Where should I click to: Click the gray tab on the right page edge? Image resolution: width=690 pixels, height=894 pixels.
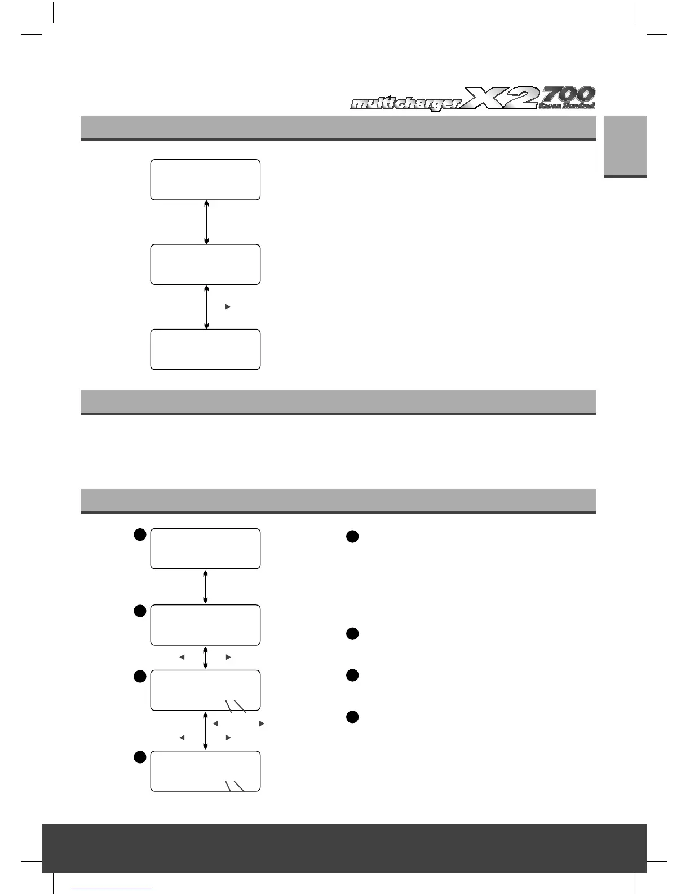(625, 146)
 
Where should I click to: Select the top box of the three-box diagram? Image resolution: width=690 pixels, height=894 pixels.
(205, 179)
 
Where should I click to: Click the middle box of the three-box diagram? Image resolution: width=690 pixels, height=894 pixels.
(205, 264)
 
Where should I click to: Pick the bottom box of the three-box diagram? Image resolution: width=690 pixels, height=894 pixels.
(205, 349)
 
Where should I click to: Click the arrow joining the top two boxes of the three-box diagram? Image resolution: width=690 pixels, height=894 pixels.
(207, 222)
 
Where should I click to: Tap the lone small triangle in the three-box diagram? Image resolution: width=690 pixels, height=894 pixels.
(228, 307)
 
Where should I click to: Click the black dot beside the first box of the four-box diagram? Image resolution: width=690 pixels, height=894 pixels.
(140, 534)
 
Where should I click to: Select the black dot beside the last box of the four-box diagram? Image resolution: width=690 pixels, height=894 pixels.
(140, 757)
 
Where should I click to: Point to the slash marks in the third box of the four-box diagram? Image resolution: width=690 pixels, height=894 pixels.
(236, 706)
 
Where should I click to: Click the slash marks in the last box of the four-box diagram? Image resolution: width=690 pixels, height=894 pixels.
(235, 786)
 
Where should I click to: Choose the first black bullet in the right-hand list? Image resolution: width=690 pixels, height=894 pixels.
(352, 537)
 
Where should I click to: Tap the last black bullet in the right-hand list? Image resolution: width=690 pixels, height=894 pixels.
(352, 717)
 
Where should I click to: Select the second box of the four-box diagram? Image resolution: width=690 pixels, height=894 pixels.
(205, 625)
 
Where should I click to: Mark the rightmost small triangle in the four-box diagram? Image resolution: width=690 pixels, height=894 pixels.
(262, 723)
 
